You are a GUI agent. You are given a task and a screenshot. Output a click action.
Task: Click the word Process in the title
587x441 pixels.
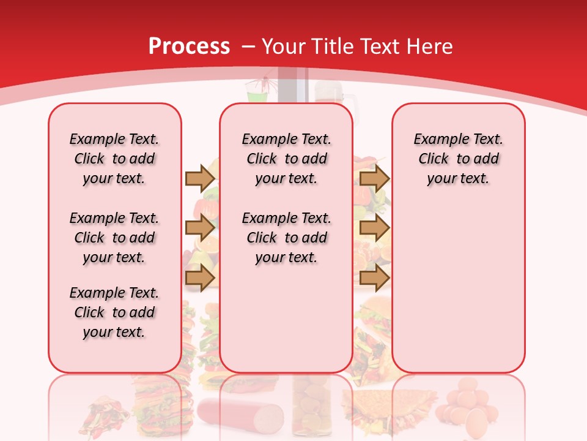pyautogui.click(x=189, y=47)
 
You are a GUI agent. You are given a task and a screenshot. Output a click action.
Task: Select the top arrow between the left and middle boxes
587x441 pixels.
pyautogui.click(x=200, y=178)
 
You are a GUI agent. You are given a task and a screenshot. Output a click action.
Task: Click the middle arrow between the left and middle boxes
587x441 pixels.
pyautogui.click(x=200, y=228)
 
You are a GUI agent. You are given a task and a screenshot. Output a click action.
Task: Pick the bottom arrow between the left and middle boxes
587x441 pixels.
pyautogui.click(x=200, y=277)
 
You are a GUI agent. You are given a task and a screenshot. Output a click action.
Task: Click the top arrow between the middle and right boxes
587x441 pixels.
pyautogui.click(x=374, y=178)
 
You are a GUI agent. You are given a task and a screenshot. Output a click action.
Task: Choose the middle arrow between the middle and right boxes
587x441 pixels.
pyautogui.click(x=374, y=228)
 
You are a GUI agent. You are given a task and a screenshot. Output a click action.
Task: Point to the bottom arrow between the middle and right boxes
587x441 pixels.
pyautogui.click(x=374, y=277)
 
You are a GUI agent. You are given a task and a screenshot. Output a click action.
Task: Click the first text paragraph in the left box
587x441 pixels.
pyautogui.click(x=114, y=159)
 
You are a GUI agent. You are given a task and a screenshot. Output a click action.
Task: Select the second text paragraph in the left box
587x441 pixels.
pyautogui.click(x=114, y=238)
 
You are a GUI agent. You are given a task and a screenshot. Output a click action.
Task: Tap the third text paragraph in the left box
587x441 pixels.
pyautogui.click(x=114, y=312)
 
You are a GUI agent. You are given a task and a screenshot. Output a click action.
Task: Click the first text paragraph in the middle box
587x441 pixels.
pyautogui.click(x=286, y=159)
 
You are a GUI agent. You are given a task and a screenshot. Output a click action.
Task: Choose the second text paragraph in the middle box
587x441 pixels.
pyautogui.click(x=286, y=238)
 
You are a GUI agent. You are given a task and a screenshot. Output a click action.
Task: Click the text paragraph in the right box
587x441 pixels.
pyautogui.click(x=459, y=159)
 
